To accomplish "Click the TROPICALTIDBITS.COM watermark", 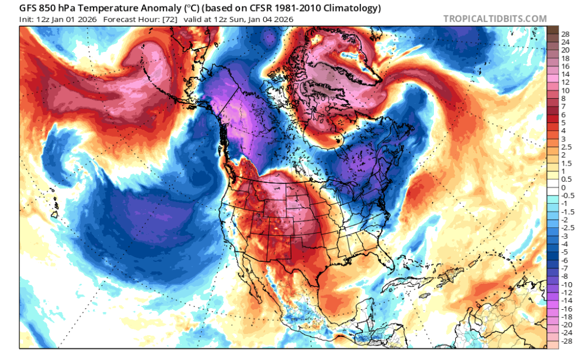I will tap(494, 18).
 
